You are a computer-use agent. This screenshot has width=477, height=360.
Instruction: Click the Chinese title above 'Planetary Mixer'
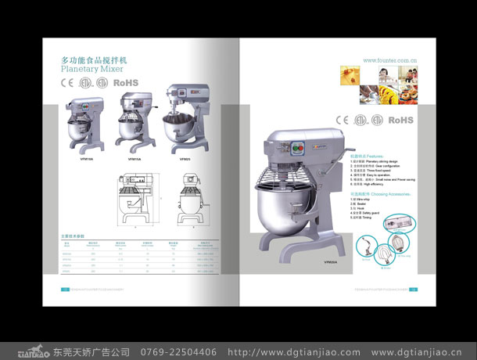(x=94, y=59)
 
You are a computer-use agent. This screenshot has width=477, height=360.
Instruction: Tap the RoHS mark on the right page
(x=400, y=120)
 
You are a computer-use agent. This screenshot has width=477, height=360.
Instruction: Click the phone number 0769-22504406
(x=178, y=351)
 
